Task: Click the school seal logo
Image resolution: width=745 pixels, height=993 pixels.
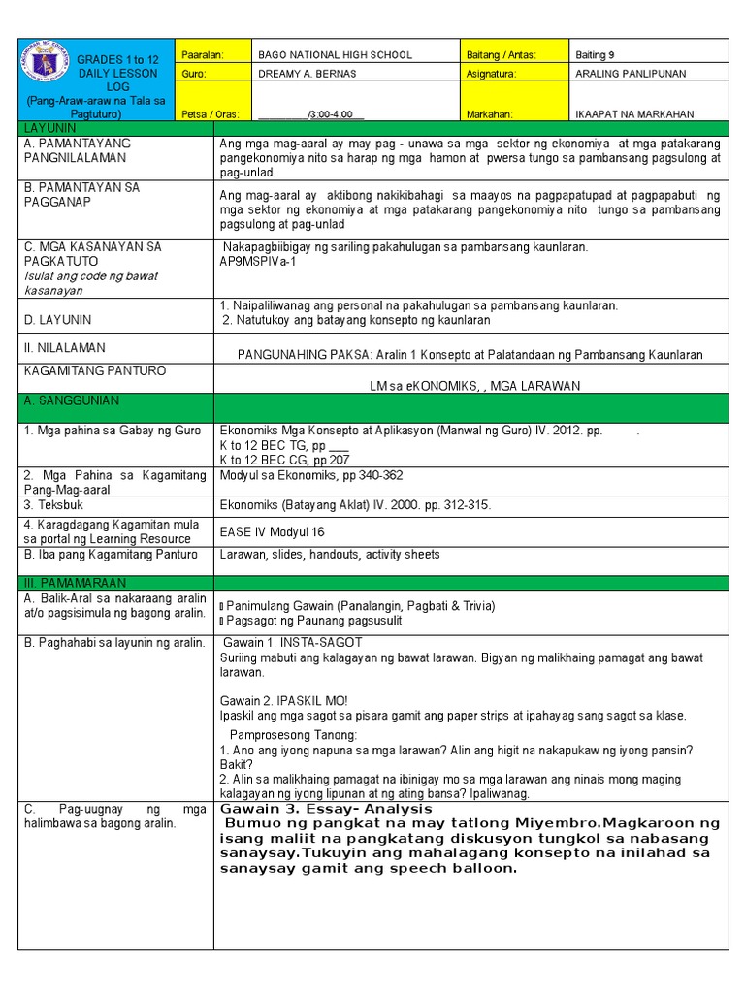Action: click(x=46, y=69)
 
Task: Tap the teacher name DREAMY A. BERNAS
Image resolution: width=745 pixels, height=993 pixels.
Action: click(x=316, y=74)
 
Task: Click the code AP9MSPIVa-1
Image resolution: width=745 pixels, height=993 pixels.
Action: click(x=258, y=261)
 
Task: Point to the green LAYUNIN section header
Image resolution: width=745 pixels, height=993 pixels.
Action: click(x=50, y=129)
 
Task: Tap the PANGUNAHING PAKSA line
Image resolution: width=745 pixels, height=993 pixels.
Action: click(x=470, y=355)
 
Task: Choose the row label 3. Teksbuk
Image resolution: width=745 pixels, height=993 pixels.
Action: click(x=56, y=505)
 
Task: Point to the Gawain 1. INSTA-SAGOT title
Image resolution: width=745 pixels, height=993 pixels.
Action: click(x=293, y=642)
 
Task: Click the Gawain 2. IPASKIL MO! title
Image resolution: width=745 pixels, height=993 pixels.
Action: click(x=284, y=700)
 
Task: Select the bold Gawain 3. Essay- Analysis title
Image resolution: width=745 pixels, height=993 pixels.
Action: click(x=326, y=809)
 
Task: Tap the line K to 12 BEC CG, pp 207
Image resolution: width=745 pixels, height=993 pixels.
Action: click(x=285, y=460)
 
